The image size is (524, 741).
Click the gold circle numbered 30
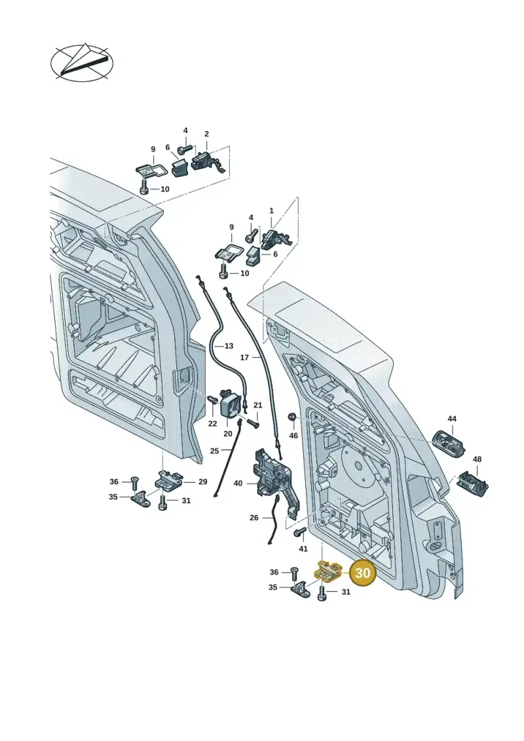[362, 573]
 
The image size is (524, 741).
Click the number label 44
[452, 419]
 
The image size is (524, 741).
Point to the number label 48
[477, 459]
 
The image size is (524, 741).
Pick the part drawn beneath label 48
[472, 484]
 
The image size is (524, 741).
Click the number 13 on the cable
[229, 346]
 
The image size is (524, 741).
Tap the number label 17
[244, 357]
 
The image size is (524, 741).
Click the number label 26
[253, 518]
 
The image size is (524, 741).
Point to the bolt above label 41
[299, 533]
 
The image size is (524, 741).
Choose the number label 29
[202, 482]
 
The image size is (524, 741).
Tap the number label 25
[215, 451]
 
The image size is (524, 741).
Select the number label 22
[213, 423]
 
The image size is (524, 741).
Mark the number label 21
[257, 405]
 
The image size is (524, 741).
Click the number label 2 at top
[206, 134]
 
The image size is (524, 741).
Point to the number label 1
[271, 210]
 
